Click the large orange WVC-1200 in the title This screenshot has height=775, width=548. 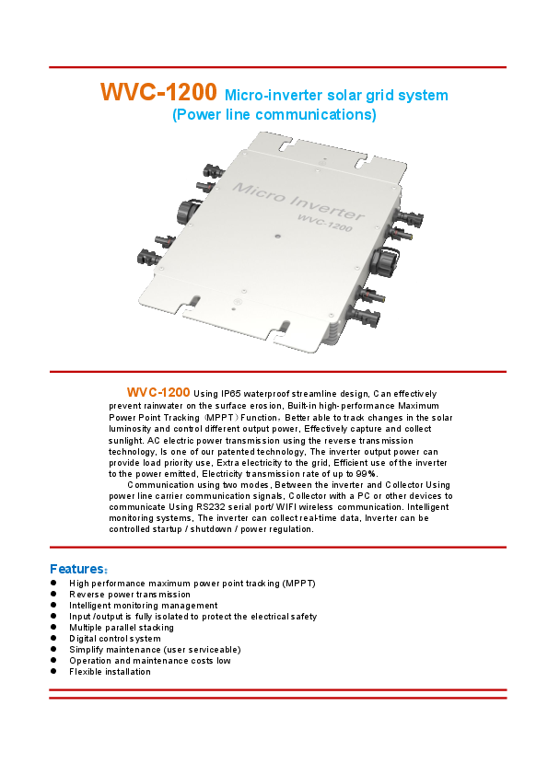coord(158,93)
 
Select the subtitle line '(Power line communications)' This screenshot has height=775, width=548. coord(274,115)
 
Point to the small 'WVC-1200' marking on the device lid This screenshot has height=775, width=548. coord(325,222)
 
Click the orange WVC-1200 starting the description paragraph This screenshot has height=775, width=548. coord(158,393)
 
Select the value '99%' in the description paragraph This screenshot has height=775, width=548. coord(365,474)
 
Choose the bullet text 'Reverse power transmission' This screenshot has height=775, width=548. coord(130,595)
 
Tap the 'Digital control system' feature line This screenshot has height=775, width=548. coord(115,639)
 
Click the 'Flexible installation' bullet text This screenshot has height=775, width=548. coord(110,672)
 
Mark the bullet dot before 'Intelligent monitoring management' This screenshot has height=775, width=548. coord(54,606)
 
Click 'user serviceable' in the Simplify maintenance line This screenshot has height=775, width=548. coord(204,650)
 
